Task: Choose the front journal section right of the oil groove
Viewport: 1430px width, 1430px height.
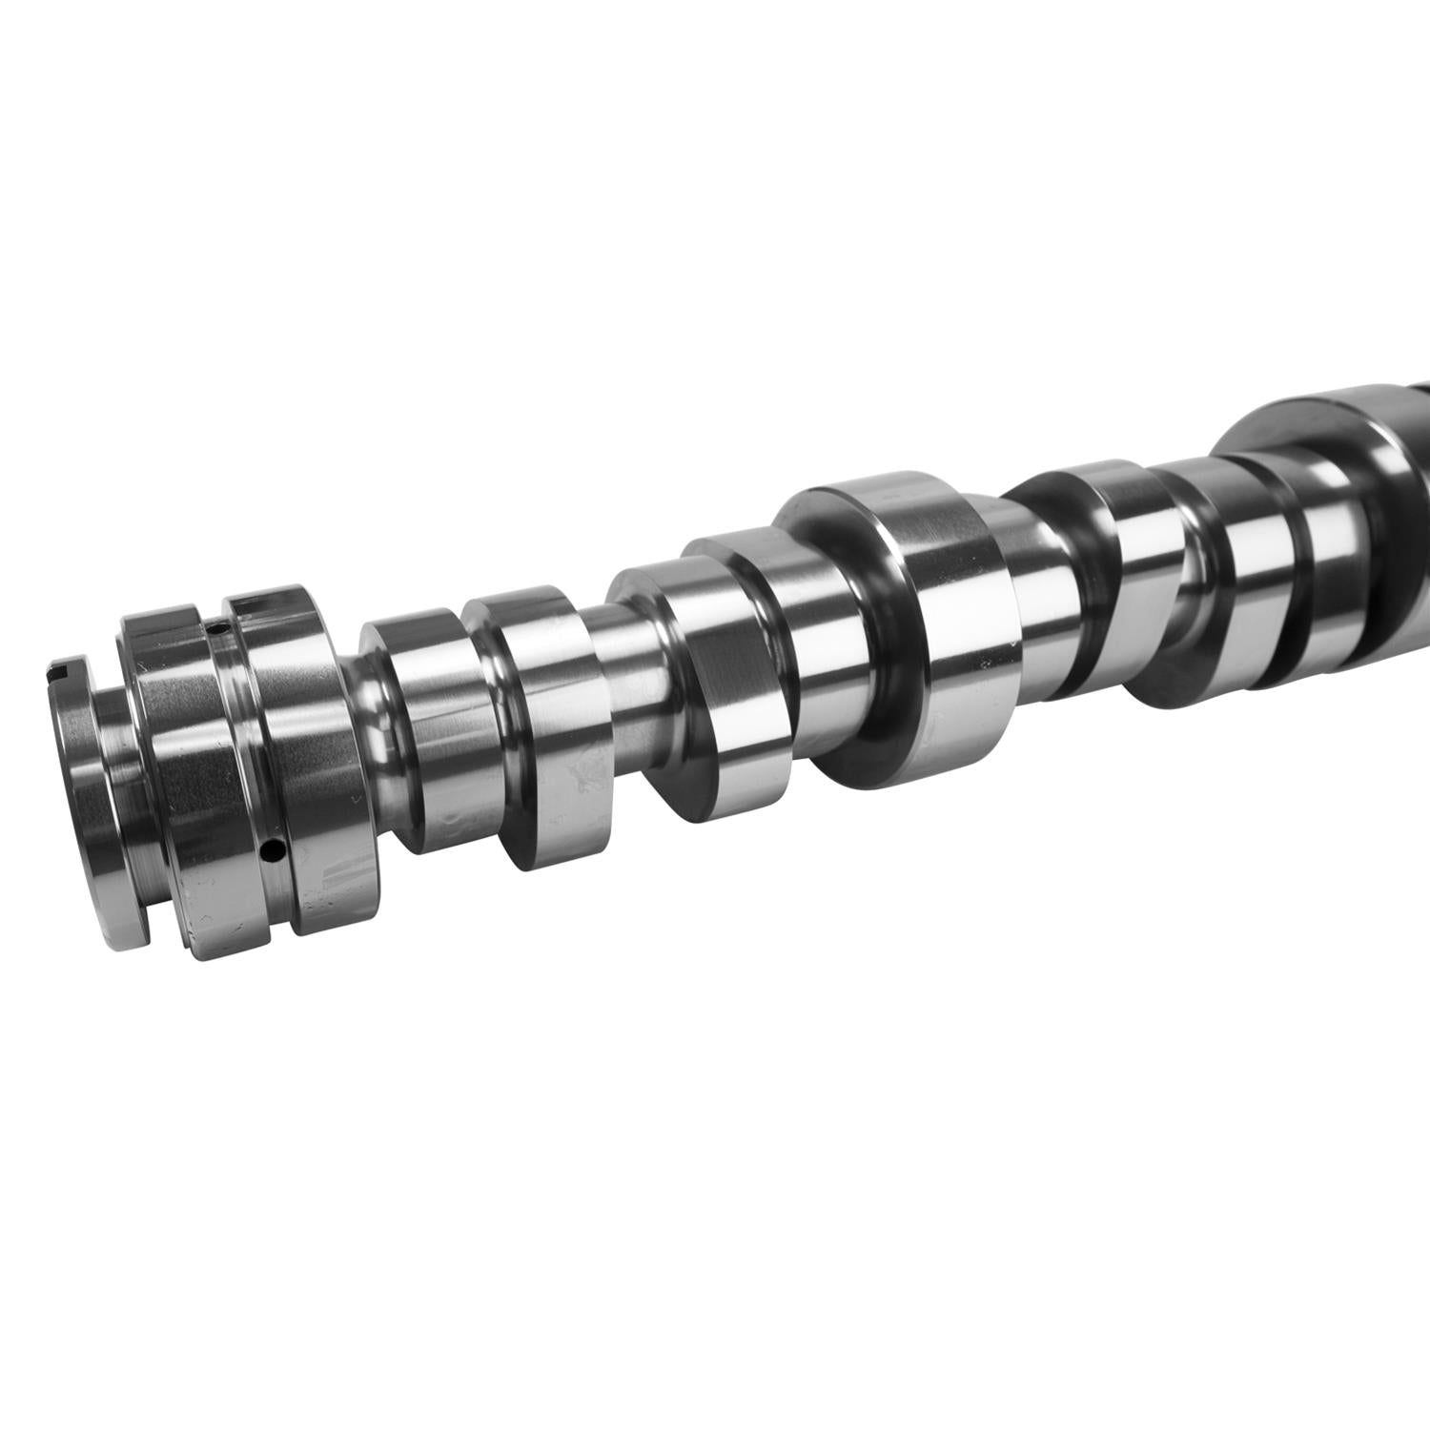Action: point(305,744)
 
